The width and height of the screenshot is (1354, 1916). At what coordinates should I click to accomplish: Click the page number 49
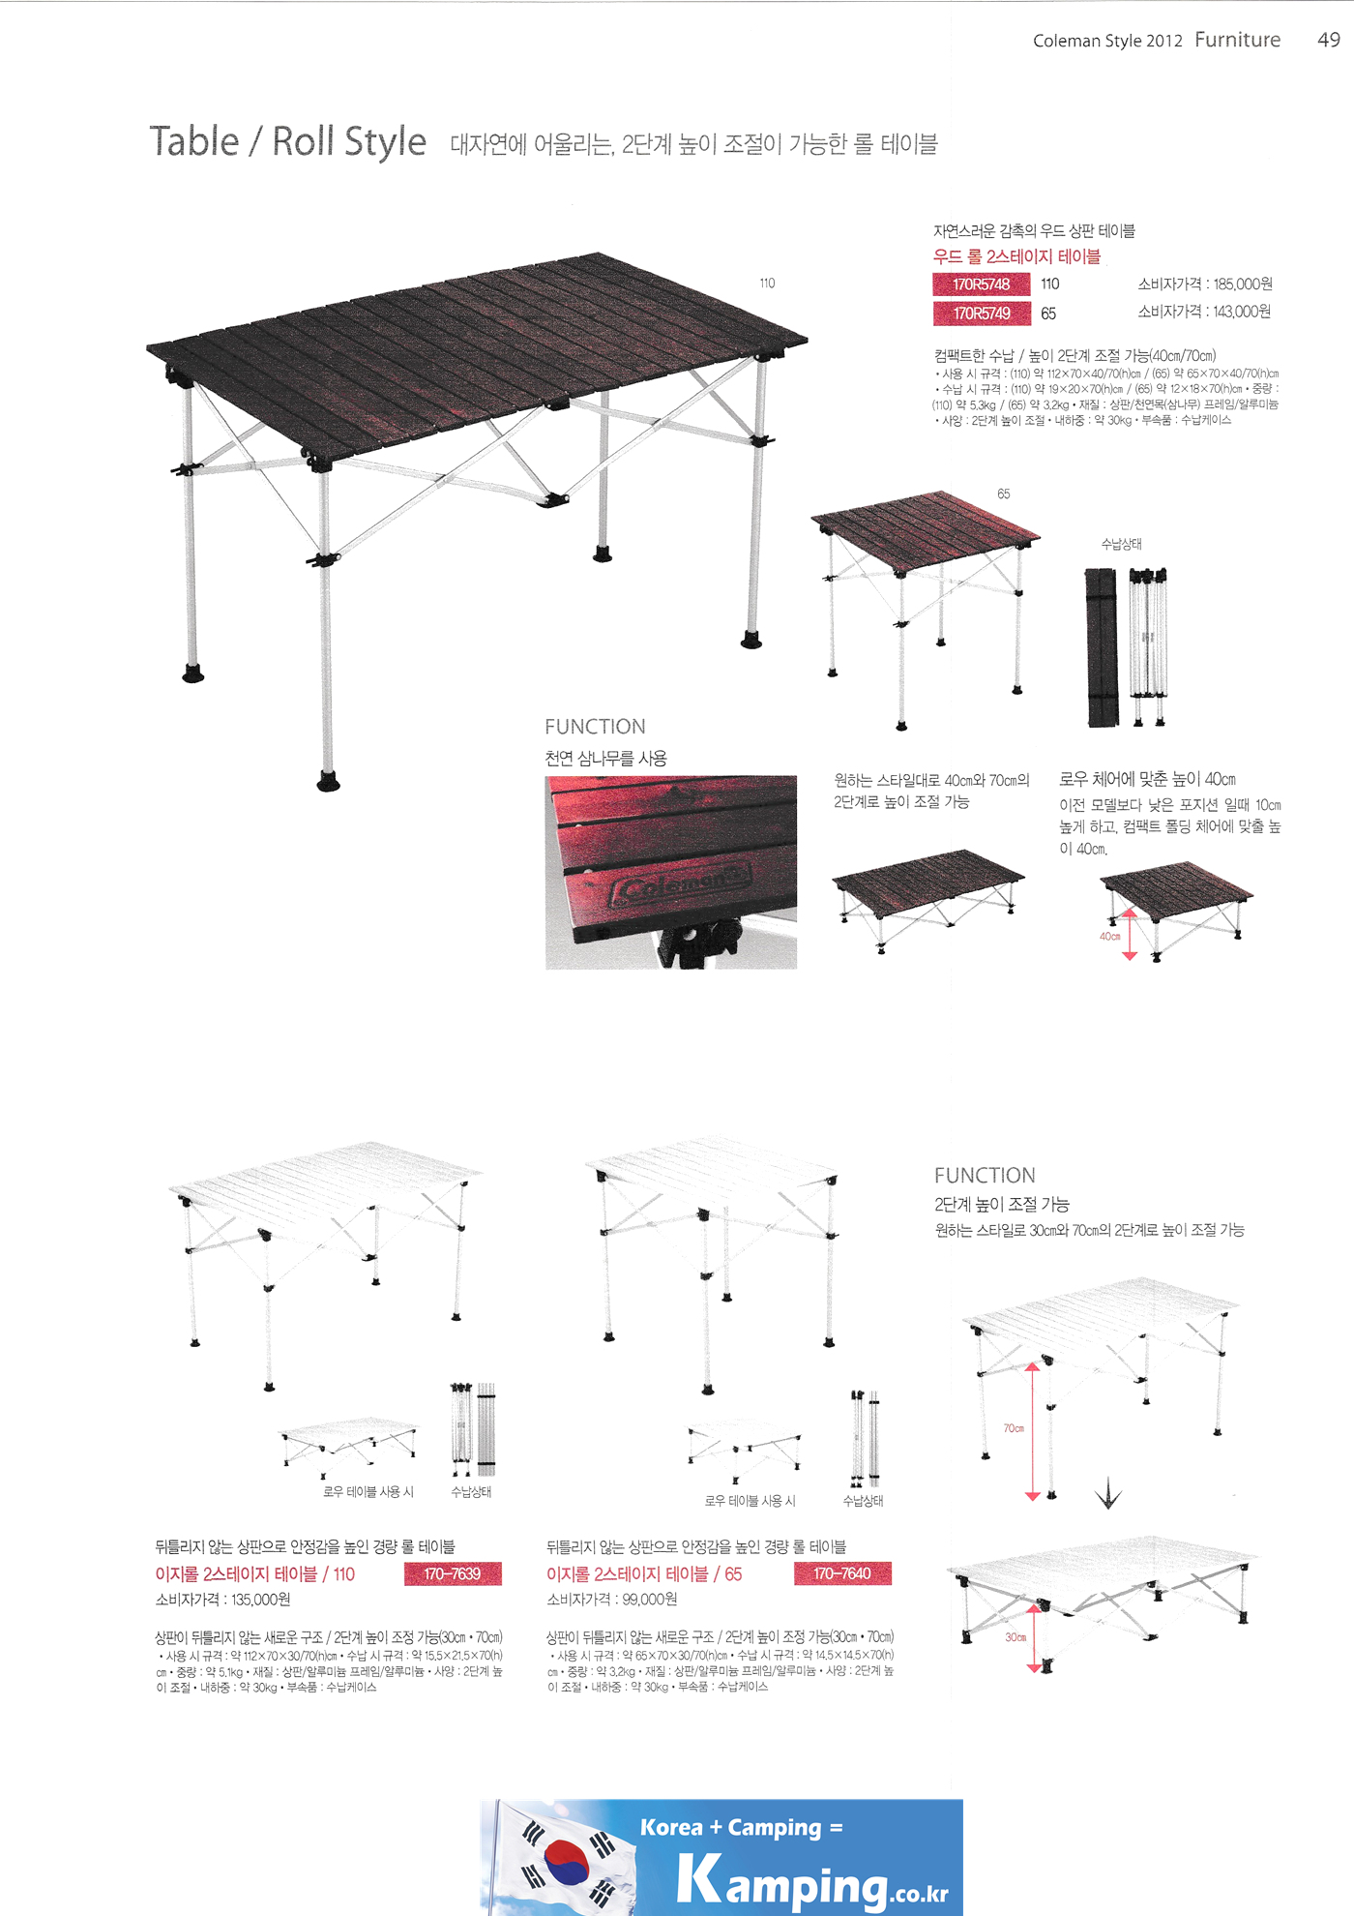[x=1328, y=40]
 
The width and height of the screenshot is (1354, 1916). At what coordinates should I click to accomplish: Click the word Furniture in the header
[x=1237, y=40]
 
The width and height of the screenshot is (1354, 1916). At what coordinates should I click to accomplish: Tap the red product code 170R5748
[x=981, y=284]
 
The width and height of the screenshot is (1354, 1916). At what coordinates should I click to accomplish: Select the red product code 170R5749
[x=981, y=314]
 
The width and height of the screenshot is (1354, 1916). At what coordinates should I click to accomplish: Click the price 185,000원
[x=1242, y=284]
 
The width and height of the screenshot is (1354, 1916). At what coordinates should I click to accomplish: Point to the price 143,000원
[x=1242, y=312]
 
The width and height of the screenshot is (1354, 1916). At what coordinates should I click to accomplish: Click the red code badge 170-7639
[x=452, y=1574]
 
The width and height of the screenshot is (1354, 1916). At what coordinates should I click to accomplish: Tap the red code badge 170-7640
[x=841, y=1573]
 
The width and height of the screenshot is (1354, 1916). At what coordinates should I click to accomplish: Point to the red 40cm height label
[x=1109, y=937]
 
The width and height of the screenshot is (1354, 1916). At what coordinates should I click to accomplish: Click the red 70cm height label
[x=1013, y=1428]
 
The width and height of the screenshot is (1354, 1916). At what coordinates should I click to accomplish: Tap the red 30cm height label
[x=1015, y=1637]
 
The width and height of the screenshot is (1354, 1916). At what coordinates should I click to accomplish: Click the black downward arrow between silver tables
[x=1107, y=1496]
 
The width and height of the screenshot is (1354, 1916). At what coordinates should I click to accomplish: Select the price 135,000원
[x=260, y=1600]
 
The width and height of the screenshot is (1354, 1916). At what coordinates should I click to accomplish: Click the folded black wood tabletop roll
[x=1101, y=646]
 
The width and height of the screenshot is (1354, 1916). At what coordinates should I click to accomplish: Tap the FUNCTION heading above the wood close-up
[x=595, y=727]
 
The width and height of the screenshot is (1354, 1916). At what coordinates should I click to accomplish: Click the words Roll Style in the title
[x=348, y=141]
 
